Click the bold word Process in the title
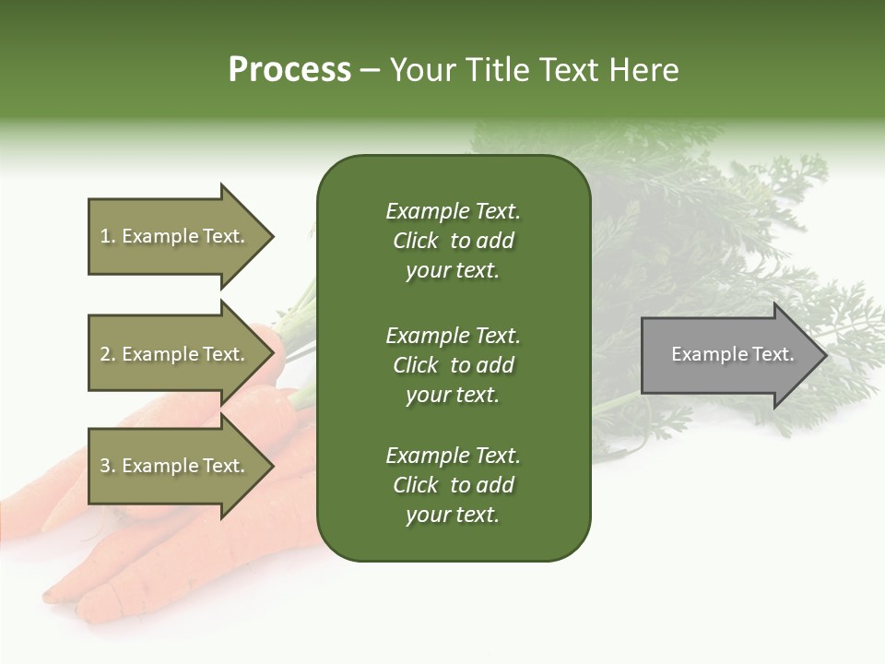289,70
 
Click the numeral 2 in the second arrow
105,354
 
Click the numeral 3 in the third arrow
105,466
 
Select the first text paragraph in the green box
453,241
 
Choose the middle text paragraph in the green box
453,365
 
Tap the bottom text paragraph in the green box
453,485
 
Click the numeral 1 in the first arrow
104,236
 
